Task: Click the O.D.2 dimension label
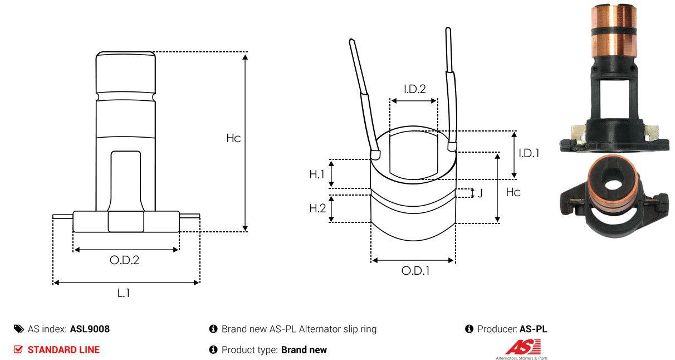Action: (x=124, y=260)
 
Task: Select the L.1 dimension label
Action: (x=124, y=293)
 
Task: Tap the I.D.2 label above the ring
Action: (x=414, y=89)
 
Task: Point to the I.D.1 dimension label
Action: (x=529, y=153)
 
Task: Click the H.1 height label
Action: (x=317, y=174)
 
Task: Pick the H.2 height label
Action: (x=317, y=208)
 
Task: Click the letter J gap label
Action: (x=480, y=193)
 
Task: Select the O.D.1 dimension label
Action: (x=415, y=271)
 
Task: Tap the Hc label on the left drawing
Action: (x=233, y=138)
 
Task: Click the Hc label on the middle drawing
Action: (x=513, y=192)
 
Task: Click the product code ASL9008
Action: (x=90, y=329)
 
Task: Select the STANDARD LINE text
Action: (x=63, y=350)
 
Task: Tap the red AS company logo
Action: (x=522, y=348)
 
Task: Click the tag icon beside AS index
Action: (x=19, y=329)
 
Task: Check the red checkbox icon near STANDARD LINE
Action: (x=18, y=350)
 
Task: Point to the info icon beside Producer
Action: (x=469, y=329)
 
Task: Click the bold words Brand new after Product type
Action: (x=304, y=350)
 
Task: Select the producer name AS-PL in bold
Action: (x=533, y=329)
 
